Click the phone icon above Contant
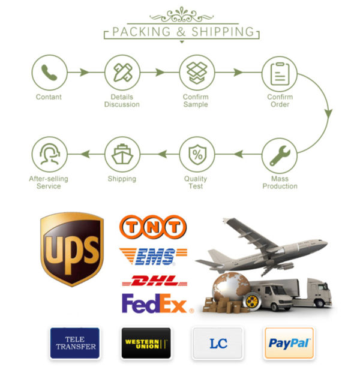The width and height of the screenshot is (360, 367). [x=49, y=73]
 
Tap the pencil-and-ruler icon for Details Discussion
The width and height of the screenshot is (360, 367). [x=122, y=73]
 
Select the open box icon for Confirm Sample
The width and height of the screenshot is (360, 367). [x=196, y=73]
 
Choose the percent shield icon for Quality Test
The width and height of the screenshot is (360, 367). [x=196, y=155]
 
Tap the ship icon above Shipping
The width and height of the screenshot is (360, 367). [x=122, y=155]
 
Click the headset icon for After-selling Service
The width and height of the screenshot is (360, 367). [x=49, y=155]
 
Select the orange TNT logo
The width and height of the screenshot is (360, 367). [x=153, y=227]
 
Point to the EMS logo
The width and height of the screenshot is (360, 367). [x=153, y=256]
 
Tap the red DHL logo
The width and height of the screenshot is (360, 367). [x=152, y=280]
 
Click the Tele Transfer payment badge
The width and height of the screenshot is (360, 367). [x=75, y=343]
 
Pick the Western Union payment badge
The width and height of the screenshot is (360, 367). [x=146, y=343]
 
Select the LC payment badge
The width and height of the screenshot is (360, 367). [x=217, y=343]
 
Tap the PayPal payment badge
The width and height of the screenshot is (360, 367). [x=289, y=343]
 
